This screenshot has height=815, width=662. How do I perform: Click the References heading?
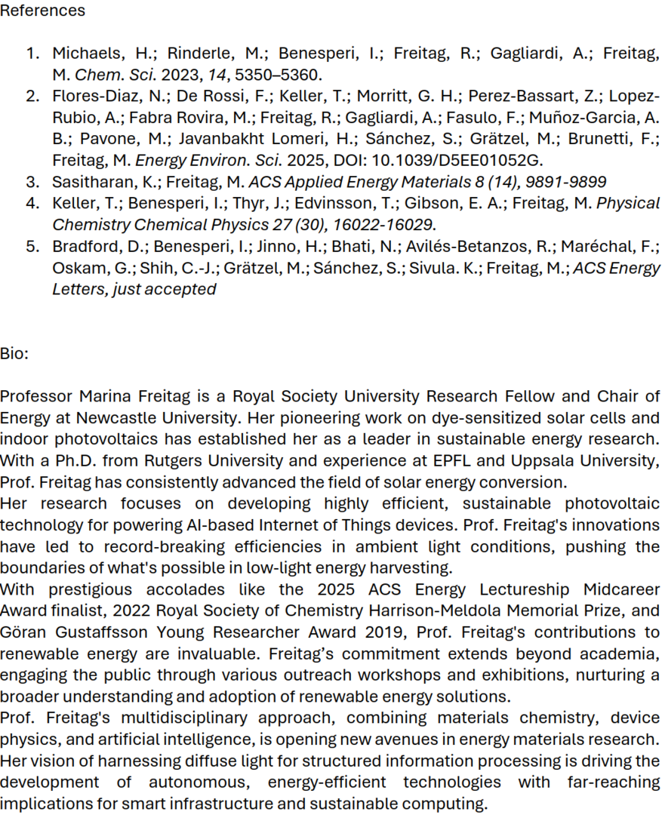[x=43, y=11]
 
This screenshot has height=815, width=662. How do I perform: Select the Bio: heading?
[x=14, y=353]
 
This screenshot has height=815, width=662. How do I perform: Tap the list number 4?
[x=32, y=203]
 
